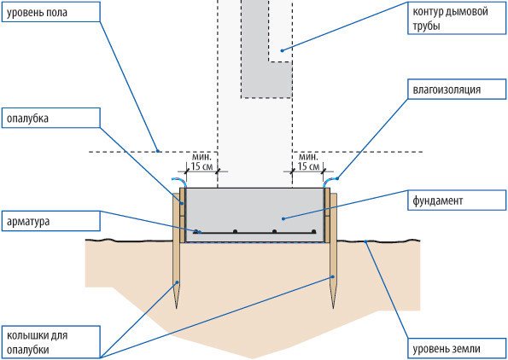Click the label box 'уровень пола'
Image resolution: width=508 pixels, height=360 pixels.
click(51, 12)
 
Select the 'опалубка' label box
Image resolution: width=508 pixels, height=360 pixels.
click(51, 118)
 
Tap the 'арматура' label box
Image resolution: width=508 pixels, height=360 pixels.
click(51, 221)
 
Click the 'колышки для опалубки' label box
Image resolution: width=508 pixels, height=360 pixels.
click(51, 343)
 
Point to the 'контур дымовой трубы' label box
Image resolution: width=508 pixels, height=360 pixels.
click(457, 18)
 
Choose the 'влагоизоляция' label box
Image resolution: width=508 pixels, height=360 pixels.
click(457, 89)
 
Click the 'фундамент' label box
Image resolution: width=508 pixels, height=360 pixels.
click(457, 200)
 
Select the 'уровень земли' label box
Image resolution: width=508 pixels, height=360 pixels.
click(457, 349)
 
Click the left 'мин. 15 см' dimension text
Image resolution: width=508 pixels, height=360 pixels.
click(201, 162)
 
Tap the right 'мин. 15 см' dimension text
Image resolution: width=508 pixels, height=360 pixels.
click(308, 162)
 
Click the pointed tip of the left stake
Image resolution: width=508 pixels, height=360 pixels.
click(177, 308)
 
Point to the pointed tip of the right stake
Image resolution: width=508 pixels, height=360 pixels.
click(333, 308)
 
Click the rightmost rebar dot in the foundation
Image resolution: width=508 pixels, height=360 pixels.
click(313, 231)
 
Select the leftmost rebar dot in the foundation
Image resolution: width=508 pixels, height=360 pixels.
click(196, 231)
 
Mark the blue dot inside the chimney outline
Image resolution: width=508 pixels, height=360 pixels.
click(282, 50)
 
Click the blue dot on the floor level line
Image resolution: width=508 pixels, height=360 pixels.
click(158, 150)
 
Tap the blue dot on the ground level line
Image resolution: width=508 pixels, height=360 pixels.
click(365, 241)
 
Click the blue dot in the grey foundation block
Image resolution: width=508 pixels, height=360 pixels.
click(283, 219)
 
